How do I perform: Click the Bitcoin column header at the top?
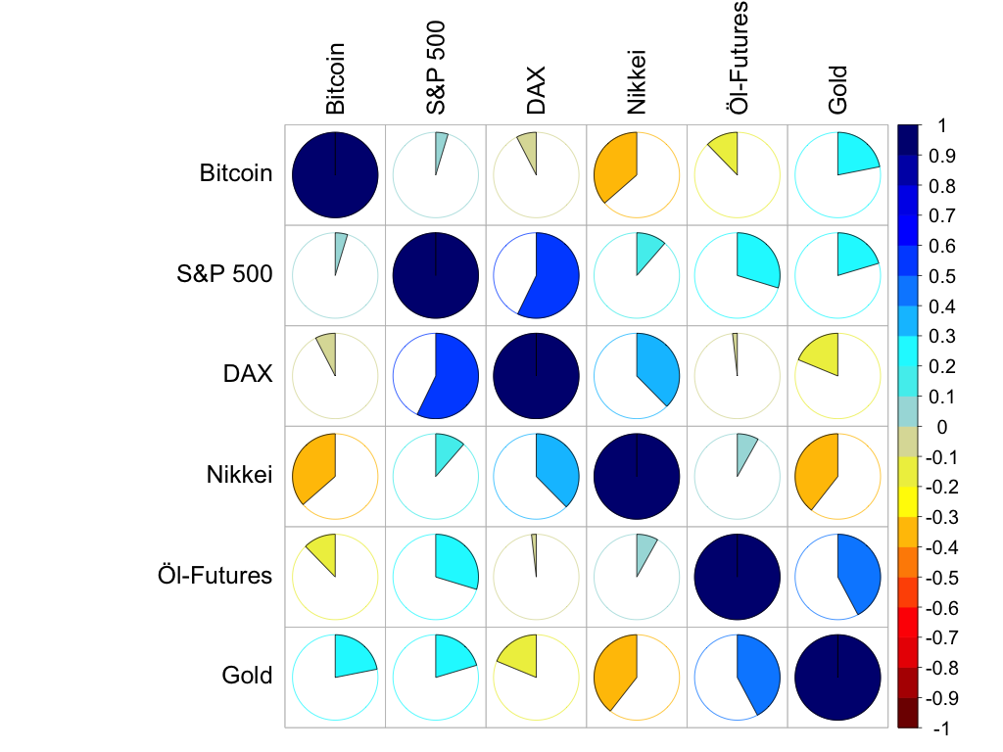[x=336, y=78]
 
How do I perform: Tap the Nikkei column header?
[x=638, y=83]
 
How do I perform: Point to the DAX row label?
[x=247, y=375]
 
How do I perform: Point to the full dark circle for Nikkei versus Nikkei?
[x=638, y=475]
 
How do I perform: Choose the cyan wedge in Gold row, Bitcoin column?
[x=354, y=657]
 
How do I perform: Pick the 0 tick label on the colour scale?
[x=942, y=427]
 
